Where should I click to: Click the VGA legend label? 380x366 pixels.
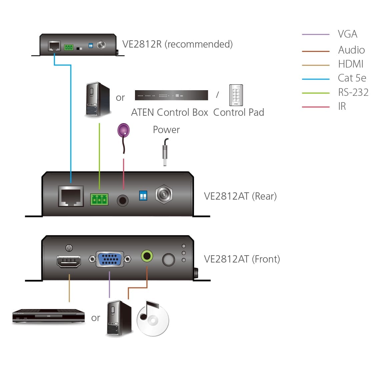click(x=347, y=34)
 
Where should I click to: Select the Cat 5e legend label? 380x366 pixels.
click(x=352, y=78)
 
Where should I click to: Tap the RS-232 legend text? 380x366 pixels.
click(x=353, y=92)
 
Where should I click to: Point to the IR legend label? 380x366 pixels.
click(x=342, y=106)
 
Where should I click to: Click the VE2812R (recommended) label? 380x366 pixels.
click(x=177, y=44)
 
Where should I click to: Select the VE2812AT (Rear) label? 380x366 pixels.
click(x=240, y=196)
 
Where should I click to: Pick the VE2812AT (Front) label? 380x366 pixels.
click(x=242, y=259)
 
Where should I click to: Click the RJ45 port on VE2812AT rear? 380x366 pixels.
click(x=71, y=196)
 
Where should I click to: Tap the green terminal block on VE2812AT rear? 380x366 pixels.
click(x=99, y=199)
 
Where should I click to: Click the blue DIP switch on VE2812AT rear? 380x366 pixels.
click(x=143, y=195)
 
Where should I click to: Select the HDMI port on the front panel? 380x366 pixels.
click(x=69, y=262)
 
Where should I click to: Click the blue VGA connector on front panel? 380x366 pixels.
click(x=110, y=259)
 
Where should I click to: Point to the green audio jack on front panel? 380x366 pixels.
click(x=147, y=256)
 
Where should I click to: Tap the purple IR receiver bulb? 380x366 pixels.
click(x=123, y=130)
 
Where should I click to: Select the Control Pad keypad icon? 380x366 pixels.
click(x=236, y=95)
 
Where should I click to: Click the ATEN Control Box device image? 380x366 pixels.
click(x=171, y=95)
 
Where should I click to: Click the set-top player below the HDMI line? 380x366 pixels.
click(x=48, y=316)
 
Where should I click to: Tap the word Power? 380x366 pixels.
click(x=166, y=130)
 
